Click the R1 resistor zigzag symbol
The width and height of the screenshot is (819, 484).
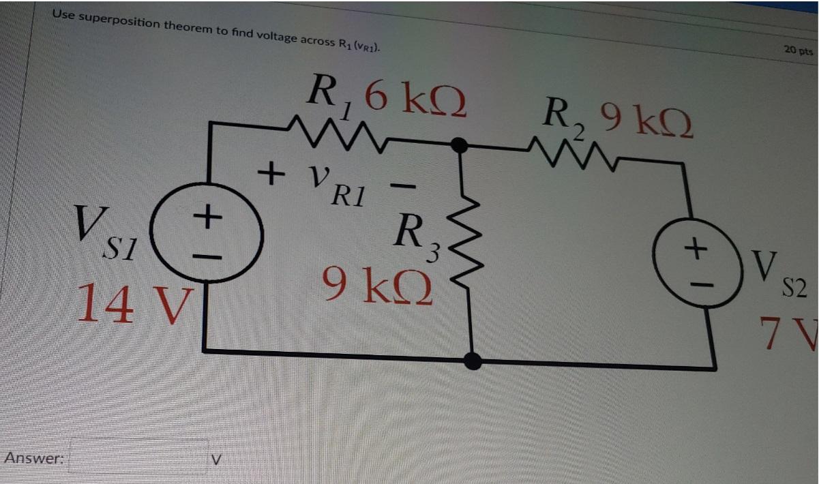pyautogui.click(x=334, y=130)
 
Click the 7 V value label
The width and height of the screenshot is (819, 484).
pyautogui.click(x=790, y=335)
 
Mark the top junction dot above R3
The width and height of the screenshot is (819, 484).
pyautogui.click(x=460, y=145)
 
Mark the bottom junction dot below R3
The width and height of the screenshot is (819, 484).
pyautogui.click(x=472, y=361)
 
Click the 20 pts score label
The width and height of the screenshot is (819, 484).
pyautogui.click(x=797, y=50)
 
